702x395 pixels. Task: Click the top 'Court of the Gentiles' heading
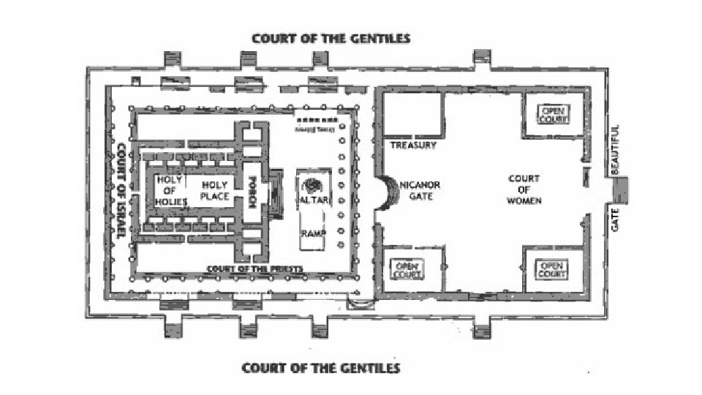(331, 38)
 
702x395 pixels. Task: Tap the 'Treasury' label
(412, 146)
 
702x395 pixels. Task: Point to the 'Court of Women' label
(524, 189)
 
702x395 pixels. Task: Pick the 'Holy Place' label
(215, 191)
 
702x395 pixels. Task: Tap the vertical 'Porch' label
(250, 192)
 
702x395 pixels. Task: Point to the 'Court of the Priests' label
(254, 268)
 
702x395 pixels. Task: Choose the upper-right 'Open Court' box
(553, 114)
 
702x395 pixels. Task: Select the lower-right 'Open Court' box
(553, 269)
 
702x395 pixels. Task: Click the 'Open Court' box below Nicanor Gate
(407, 269)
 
